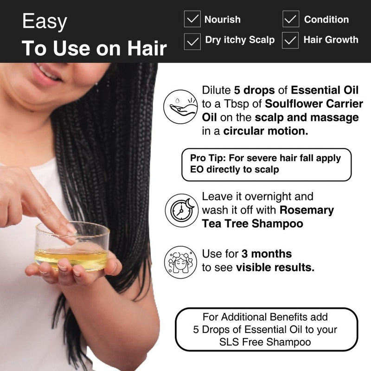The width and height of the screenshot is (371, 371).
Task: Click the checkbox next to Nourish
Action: [x=192, y=19]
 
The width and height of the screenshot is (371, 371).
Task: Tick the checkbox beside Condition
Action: [x=291, y=19]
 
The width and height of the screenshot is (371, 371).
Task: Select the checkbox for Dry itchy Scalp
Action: [x=192, y=40]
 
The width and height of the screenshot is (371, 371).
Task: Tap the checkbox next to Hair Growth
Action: [x=291, y=40]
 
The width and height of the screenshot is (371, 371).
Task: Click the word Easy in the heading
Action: [x=45, y=22]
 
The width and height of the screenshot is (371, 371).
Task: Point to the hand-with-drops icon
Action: [x=181, y=106]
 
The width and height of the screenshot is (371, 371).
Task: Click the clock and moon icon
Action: [x=181, y=210]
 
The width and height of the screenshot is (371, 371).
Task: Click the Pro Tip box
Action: [x=266, y=164]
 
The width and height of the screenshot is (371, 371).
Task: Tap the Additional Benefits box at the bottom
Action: [x=266, y=329]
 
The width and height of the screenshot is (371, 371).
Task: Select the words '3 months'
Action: [x=266, y=254]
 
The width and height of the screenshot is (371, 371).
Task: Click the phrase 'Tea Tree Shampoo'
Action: [x=252, y=224]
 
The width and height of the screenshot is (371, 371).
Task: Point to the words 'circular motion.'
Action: [x=266, y=131]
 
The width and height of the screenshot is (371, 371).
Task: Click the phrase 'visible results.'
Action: [x=275, y=267]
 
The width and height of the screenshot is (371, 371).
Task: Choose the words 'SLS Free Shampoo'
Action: [x=266, y=342]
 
